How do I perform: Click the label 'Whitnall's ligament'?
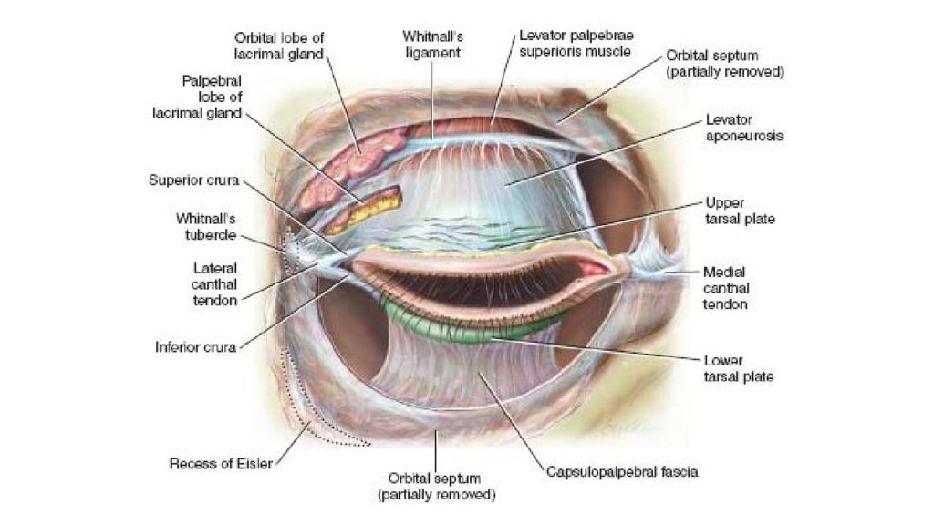coord(433,45)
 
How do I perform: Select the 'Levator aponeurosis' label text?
coord(744,128)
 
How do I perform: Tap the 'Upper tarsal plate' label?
coord(740,211)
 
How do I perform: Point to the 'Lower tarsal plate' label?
coord(739,368)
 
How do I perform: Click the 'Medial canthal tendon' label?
coord(725,288)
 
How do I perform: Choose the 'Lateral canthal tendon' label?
coord(214,284)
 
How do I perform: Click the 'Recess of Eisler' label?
coord(221,464)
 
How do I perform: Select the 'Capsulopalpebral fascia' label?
coord(622,472)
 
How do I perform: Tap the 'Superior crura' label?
coord(193,180)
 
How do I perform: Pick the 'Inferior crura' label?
coord(195,347)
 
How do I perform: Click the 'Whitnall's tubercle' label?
coord(206,227)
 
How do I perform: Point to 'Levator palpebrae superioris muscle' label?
coord(576,44)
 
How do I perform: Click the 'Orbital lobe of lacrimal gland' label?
coord(279,46)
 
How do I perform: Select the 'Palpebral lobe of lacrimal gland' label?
coord(197,97)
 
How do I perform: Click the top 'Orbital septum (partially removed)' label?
coord(724,64)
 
